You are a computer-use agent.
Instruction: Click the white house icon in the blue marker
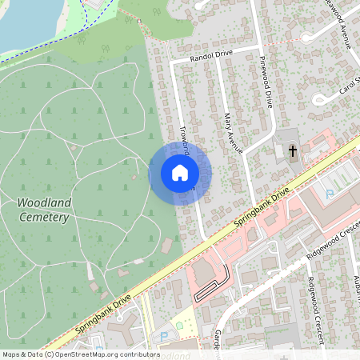(x=180, y=173)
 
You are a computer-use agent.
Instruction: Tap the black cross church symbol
(x=292, y=150)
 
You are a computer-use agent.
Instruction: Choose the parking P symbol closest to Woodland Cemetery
(x=165, y=336)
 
